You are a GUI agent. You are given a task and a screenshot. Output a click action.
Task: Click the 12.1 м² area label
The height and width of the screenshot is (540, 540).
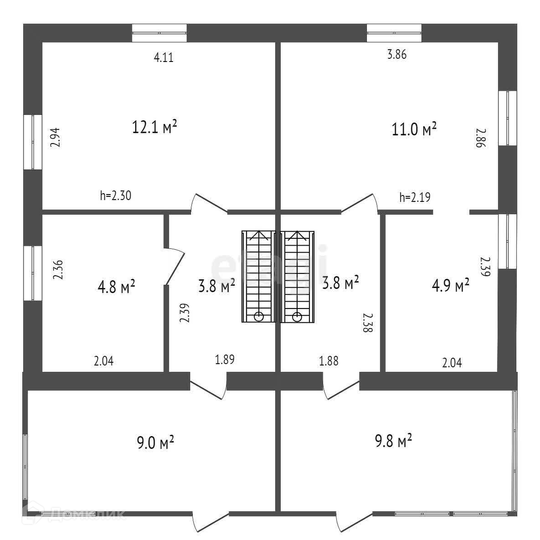coord(154,127)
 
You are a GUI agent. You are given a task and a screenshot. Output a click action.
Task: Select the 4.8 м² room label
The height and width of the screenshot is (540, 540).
coord(116,287)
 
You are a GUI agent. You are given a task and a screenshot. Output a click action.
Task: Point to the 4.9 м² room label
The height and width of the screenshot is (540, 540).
coord(451,286)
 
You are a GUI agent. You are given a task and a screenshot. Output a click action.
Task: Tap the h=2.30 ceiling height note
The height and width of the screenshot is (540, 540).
coord(116,196)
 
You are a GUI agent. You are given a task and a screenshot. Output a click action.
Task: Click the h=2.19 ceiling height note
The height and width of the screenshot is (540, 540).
coord(415,197)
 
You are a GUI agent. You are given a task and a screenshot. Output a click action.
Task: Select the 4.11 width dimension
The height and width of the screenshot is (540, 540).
coord(164,58)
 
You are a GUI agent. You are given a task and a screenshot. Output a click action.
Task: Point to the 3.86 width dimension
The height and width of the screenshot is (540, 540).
coord(396,55)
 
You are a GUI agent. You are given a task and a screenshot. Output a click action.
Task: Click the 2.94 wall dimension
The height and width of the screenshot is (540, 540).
coord(55,137)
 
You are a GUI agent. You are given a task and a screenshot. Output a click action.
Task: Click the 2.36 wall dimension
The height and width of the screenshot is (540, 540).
coord(58,270)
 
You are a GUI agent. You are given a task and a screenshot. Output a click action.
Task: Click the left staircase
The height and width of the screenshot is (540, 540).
coord(258,277)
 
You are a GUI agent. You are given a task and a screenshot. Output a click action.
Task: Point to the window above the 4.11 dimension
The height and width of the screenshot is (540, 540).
coord(159,33)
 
